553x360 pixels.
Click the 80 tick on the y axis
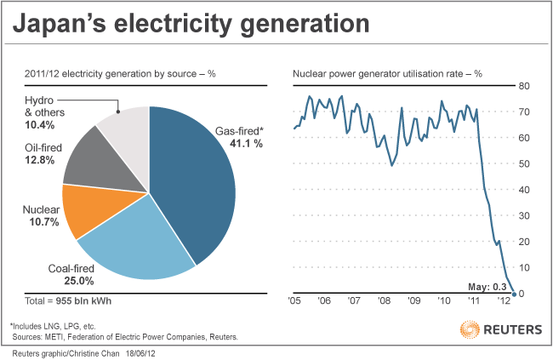(525, 86)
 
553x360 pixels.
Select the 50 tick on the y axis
(525, 163)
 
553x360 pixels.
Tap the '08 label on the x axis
(384, 300)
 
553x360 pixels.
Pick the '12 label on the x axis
(503, 300)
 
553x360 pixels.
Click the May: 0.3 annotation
(487, 287)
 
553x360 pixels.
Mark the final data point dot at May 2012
(513, 294)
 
